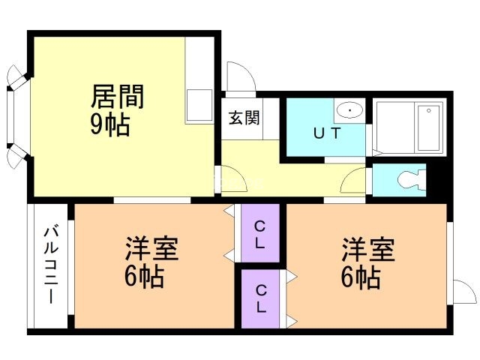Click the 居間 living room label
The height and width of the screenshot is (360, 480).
click(118, 97)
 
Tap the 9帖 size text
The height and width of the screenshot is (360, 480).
click(110, 125)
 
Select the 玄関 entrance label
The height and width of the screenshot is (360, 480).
click(244, 118)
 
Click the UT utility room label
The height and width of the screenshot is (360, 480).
click(327, 133)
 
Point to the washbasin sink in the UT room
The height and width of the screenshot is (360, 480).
click(349, 110)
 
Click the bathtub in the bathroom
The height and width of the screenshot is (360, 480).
click(429, 128)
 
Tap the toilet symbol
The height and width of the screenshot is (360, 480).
click(412, 180)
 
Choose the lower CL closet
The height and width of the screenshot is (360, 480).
click(260, 298)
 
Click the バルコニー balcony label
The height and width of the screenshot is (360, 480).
click(51, 265)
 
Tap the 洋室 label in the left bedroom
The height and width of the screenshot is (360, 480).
click(151, 248)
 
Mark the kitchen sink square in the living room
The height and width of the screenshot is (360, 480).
click(199, 106)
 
